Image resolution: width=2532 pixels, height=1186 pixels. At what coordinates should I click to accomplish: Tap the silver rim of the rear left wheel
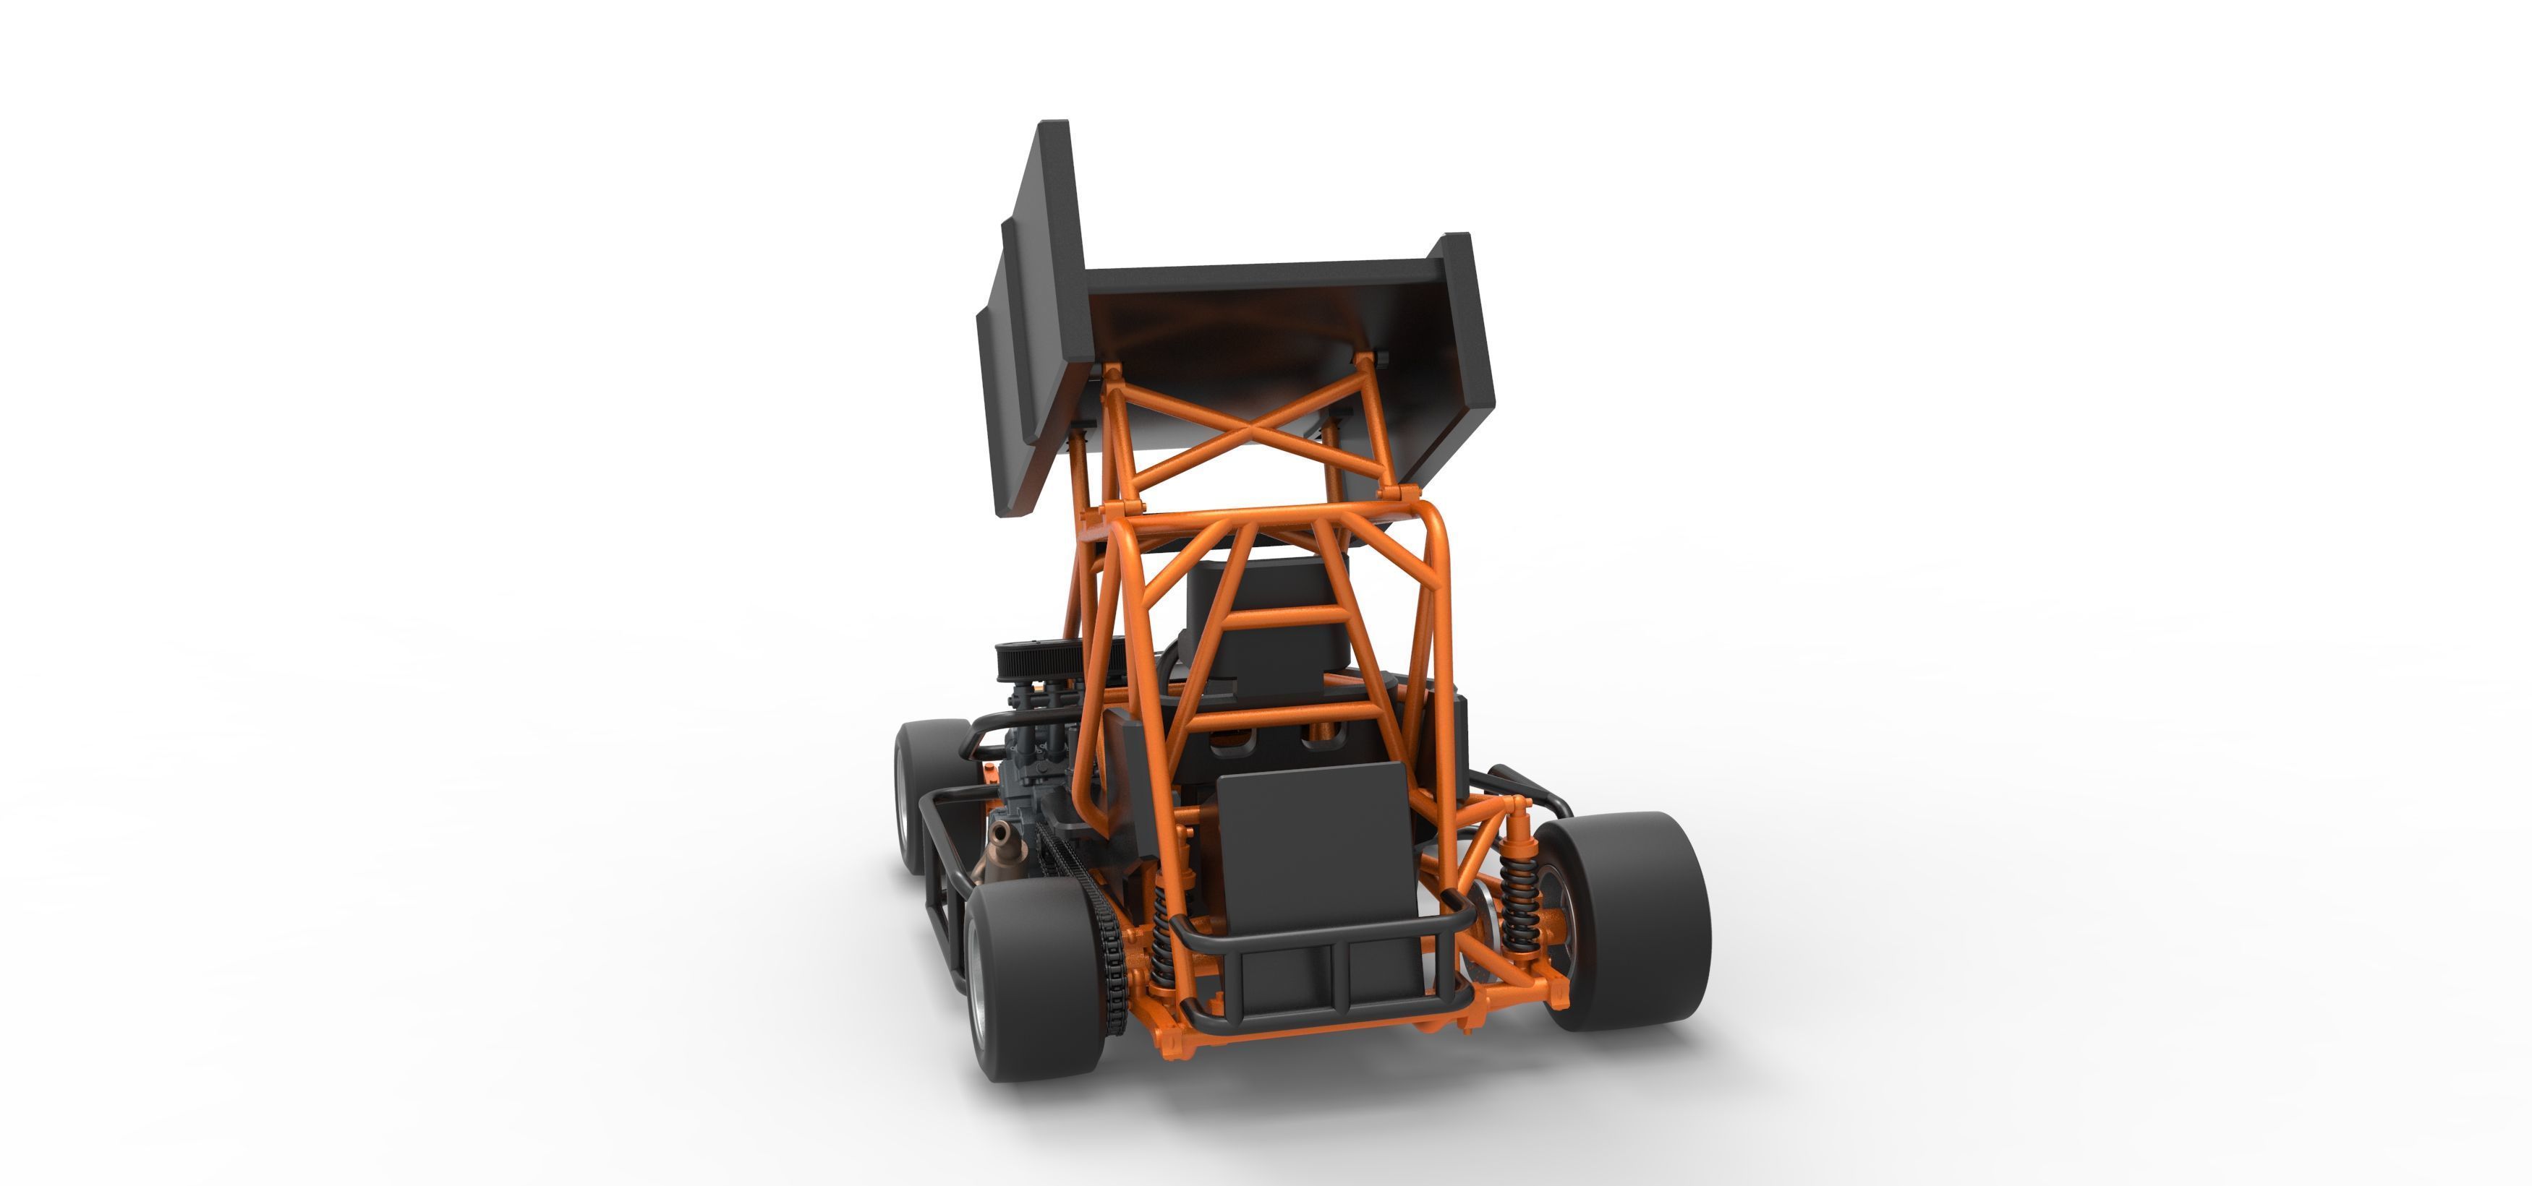tap(977, 983)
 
